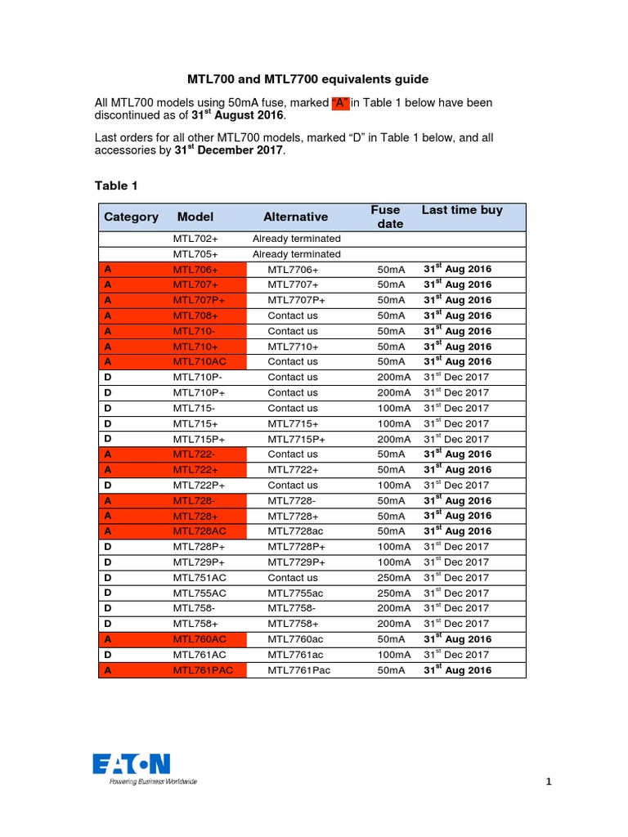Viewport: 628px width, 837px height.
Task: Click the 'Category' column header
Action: (x=131, y=217)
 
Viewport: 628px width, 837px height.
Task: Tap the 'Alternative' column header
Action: (x=295, y=217)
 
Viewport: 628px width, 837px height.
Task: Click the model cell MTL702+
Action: (x=195, y=239)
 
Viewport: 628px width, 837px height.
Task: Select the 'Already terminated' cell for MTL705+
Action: (x=296, y=254)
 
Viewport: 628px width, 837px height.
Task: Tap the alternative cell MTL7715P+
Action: (x=296, y=439)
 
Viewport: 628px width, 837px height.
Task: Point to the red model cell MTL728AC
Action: (x=199, y=531)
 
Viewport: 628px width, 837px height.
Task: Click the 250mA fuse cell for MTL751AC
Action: (x=394, y=578)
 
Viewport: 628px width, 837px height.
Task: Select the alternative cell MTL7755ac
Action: (x=295, y=593)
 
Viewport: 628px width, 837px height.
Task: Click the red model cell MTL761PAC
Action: (x=202, y=670)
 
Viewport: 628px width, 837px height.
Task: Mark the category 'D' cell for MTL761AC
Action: (x=107, y=655)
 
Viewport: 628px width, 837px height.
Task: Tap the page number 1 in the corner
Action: (x=549, y=782)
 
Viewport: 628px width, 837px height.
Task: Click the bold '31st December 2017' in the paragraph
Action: (x=229, y=151)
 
